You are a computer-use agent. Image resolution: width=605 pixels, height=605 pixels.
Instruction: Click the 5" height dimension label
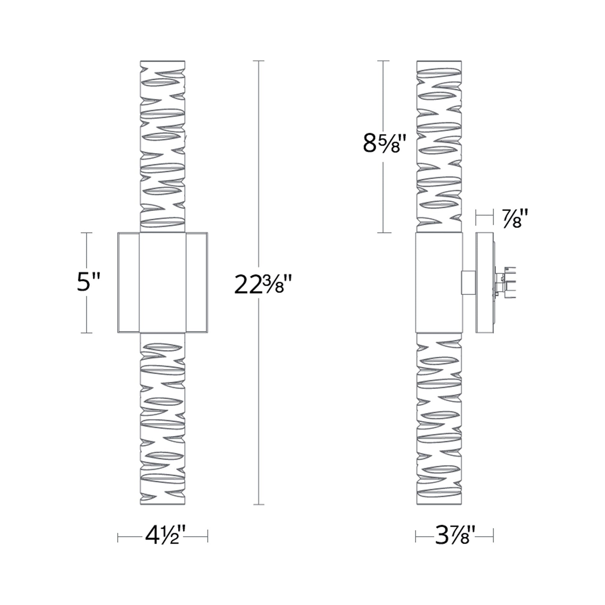click(89, 282)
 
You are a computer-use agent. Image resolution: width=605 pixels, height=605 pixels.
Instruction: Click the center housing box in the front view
click(163, 283)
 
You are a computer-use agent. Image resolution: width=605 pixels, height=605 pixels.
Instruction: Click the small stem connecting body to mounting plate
click(468, 283)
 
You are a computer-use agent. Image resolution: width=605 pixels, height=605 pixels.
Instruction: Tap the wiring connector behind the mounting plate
click(505, 283)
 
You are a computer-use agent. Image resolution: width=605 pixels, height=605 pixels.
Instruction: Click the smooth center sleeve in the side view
click(439, 283)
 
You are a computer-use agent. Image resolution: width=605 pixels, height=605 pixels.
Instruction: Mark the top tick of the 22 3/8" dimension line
click(258, 61)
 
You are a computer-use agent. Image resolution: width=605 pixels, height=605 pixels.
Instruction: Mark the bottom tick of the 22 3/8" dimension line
click(258, 505)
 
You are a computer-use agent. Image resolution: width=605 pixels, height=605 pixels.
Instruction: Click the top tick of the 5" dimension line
click(87, 233)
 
